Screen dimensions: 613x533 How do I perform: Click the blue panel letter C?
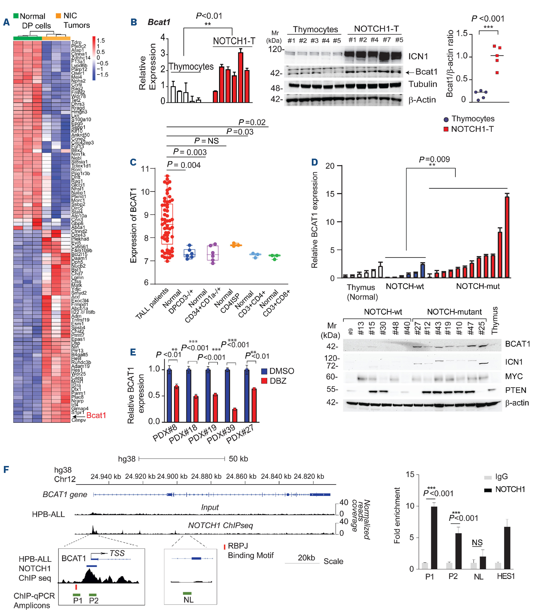coord(133,162)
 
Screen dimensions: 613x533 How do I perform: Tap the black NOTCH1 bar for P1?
coord(434,538)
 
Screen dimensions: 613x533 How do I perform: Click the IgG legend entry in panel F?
coord(497,477)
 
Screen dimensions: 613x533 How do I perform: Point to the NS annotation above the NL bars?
coord(477,542)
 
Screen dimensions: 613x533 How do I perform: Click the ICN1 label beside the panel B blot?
coord(418,56)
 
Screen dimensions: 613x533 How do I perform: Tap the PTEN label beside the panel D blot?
coord(515,390)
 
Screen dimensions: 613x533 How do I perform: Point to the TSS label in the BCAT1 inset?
coord(117,553)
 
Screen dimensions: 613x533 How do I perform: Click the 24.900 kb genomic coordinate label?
coord(172,476)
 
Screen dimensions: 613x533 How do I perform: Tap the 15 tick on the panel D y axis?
coord(330,194)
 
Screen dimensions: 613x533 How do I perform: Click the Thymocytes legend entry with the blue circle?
coord(468,119)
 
